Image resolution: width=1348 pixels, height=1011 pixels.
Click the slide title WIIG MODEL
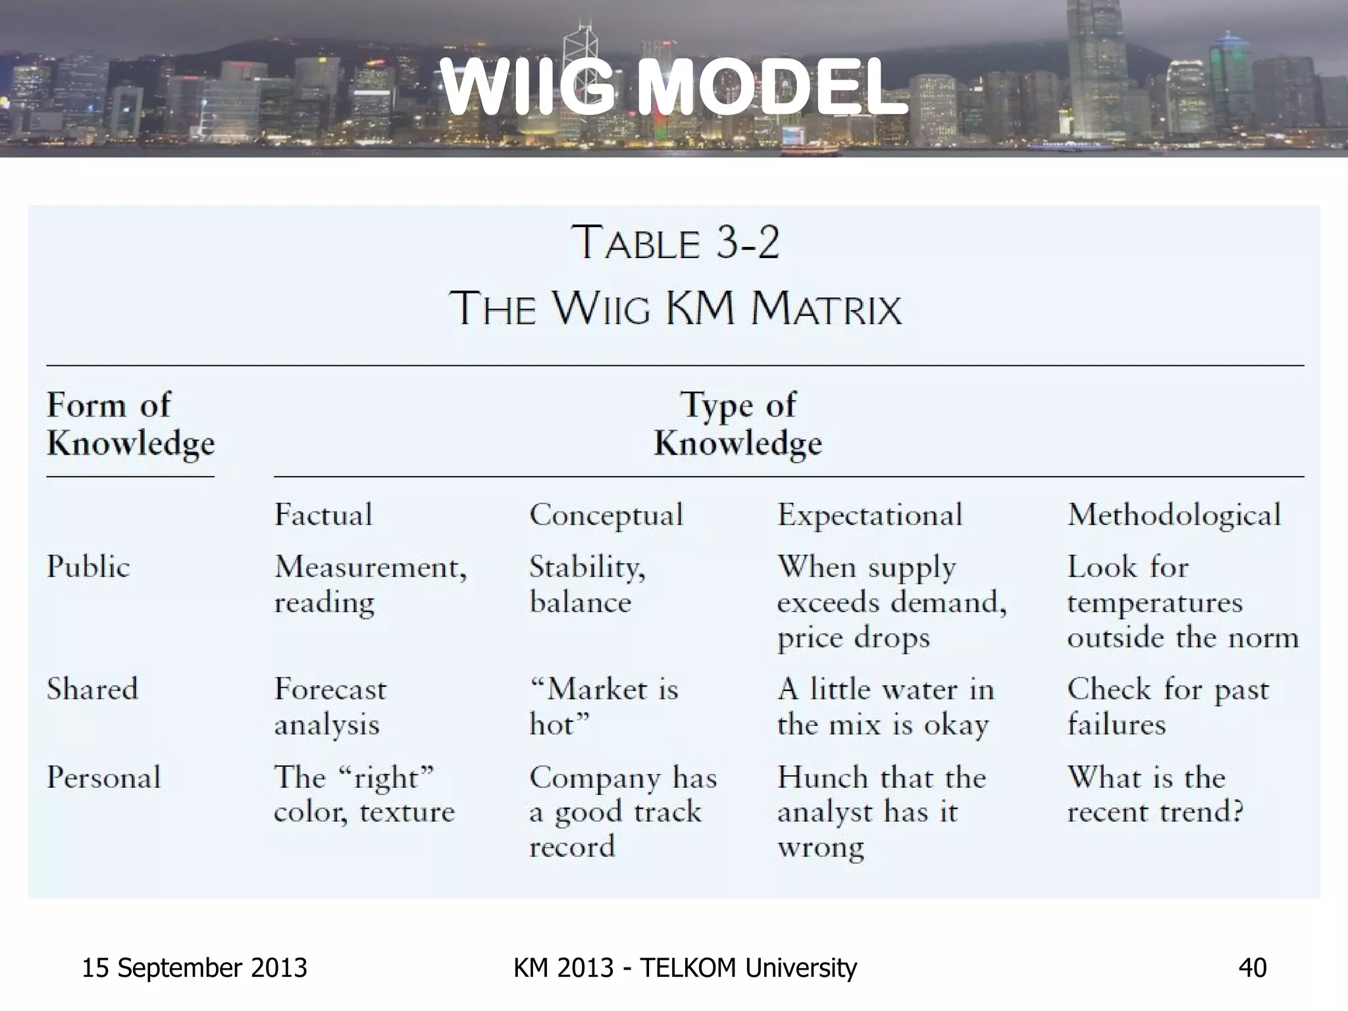tap(674, 88)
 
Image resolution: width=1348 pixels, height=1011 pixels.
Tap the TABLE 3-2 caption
tap(675, 243)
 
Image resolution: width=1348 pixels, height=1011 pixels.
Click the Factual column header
tap(323, 514)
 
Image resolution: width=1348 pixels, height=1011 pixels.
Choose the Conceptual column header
tap(606, 515)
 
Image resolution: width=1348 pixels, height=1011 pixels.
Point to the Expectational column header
tap(869, 515)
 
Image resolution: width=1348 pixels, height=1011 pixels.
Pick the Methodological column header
tap(1174, 515)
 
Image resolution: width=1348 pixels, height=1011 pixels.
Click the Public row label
tap(88, 567)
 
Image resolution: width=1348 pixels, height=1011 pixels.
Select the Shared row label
tap(92, 689)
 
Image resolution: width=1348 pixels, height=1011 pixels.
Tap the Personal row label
tap(103, 777)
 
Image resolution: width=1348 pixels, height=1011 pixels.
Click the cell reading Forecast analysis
tap(330, 707)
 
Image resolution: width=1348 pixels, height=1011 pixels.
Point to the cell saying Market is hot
tap(604, 707)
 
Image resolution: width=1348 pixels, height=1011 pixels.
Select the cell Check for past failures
tap(1168, 707)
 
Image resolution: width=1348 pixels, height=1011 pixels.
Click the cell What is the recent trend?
tap(1155, 794)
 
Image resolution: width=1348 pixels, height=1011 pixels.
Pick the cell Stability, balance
tap(587, 584)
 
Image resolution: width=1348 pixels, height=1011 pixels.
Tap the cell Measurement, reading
tap(370, 584)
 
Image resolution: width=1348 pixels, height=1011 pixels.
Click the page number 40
tap(1252, 968)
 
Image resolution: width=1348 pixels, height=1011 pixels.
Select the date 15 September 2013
tap(194, 968)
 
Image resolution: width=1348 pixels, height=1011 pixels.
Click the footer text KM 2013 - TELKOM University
tap(685, 968)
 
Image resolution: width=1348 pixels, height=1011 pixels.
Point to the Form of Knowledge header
tap(130, 423)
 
